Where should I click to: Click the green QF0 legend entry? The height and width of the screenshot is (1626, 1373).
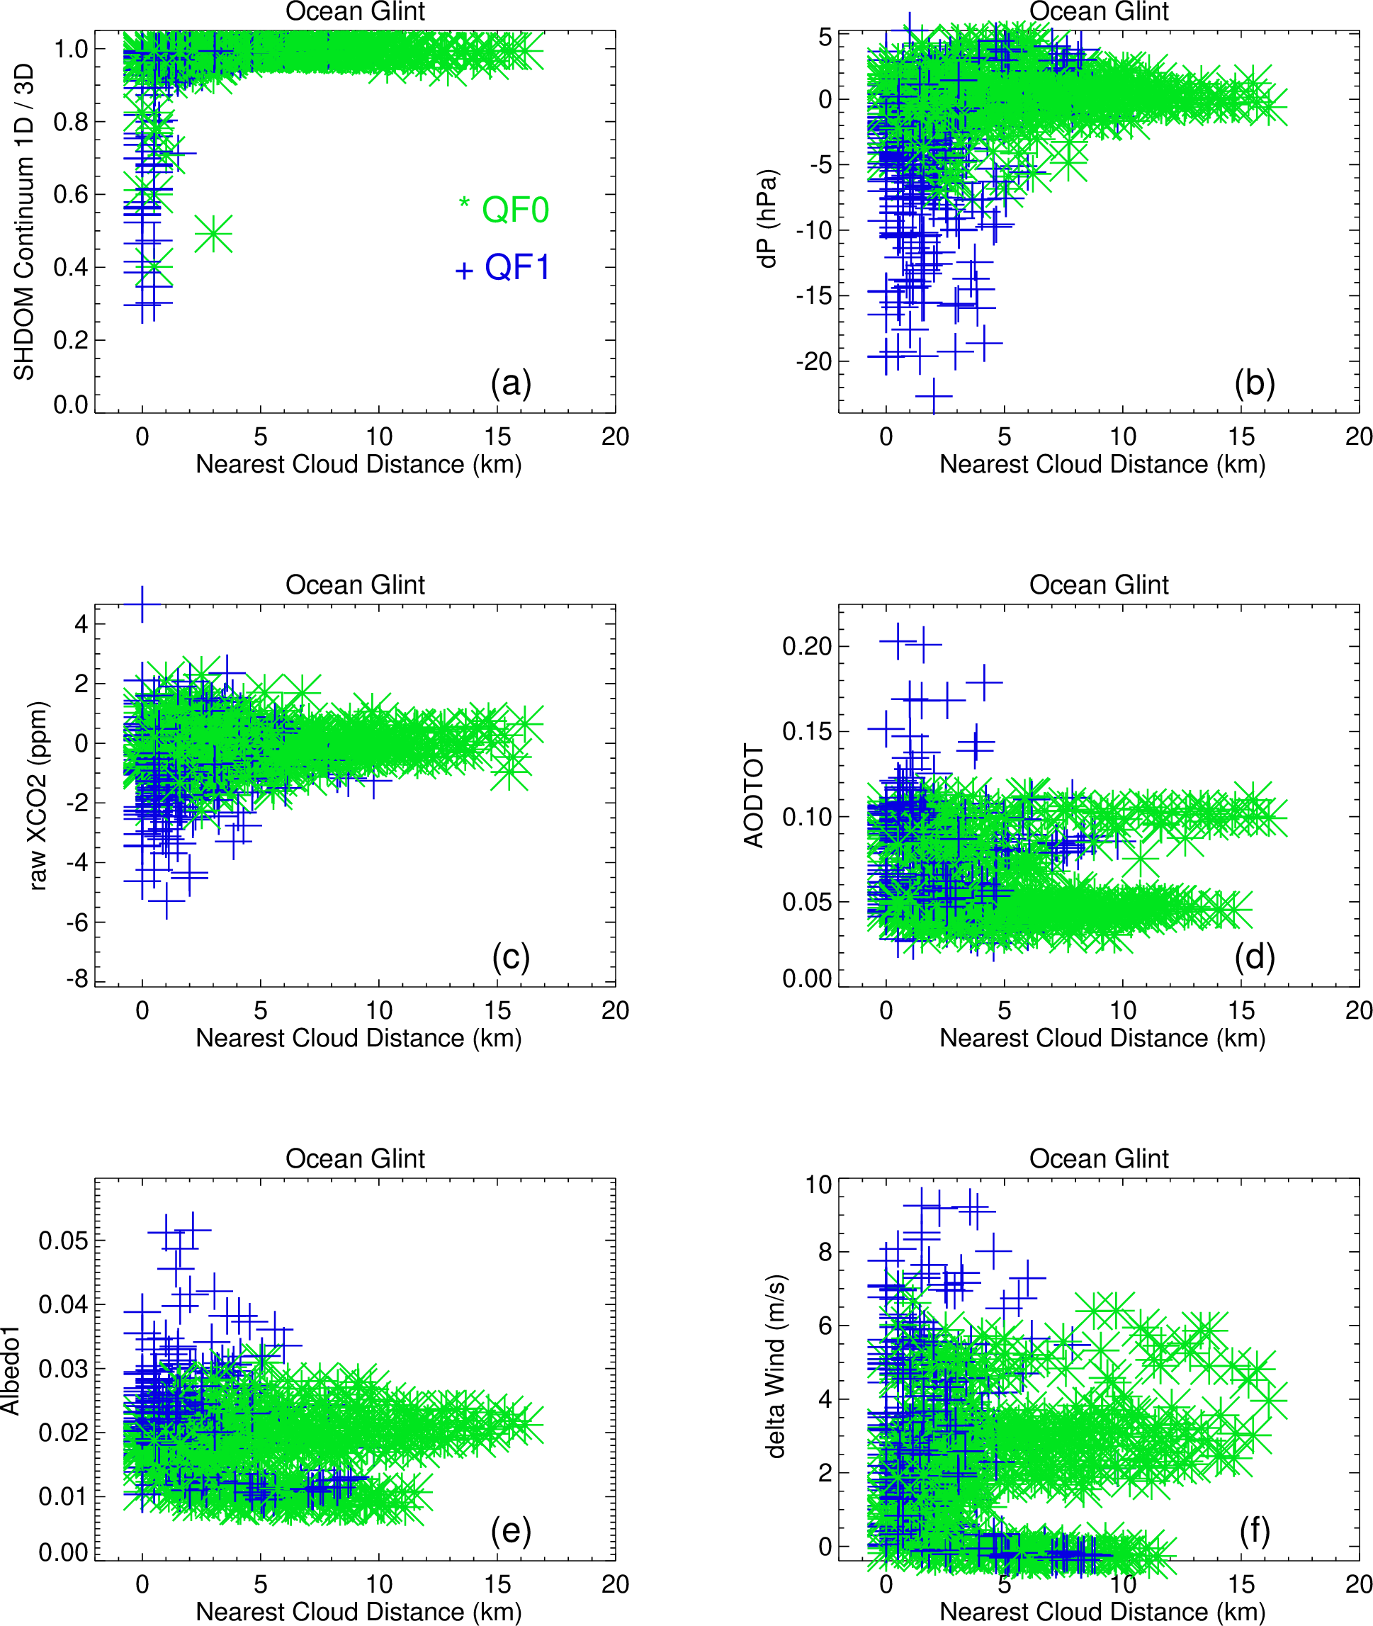point(504,210)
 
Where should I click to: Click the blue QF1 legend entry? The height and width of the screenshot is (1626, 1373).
point(504,268)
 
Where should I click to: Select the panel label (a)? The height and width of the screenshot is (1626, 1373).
point(511,383)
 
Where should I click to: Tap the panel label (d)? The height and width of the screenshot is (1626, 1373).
point(1254,956)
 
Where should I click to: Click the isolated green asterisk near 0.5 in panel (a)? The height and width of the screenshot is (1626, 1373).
point(213,234)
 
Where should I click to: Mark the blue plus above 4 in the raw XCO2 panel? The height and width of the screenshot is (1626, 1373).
point(142,604)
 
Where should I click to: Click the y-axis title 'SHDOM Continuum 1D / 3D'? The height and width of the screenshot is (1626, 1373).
point(24,222)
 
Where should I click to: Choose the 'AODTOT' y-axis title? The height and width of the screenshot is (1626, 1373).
point(753,795)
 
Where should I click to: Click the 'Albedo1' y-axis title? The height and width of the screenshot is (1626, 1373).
point(9,1370)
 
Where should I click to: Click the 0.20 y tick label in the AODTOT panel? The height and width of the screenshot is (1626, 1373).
point(807,646)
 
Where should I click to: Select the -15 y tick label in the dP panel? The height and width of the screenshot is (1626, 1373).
point(813,295)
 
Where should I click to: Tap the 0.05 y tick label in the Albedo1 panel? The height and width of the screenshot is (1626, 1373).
point(64,1240)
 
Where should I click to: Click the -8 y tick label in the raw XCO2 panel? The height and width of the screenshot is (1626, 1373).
point(77,979)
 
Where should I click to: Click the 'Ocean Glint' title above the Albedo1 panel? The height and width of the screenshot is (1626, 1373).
point(355,1158)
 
